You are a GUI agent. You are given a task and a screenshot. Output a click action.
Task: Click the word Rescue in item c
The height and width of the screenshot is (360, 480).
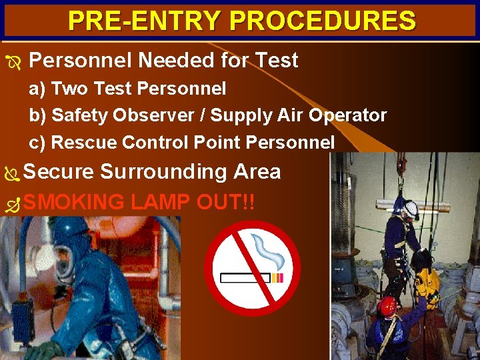point(75,142)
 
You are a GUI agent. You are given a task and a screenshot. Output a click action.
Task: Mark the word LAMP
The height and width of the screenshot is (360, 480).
point(160,201)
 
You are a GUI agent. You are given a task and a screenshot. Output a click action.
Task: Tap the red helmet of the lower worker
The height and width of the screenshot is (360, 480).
point(387,306)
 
